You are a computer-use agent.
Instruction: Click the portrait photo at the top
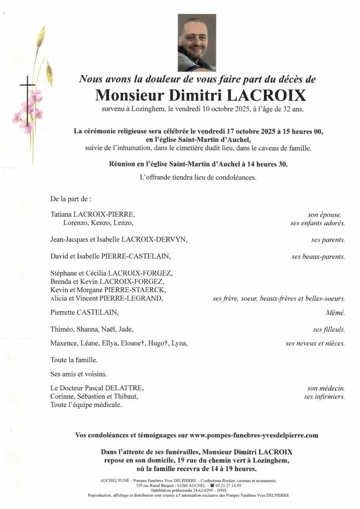pyautogui.click(x=197, y=43)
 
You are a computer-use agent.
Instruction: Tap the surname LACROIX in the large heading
pyautogui.click(x=260, y=94)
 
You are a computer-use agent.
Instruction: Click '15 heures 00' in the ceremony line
pyautogui.click(x=304, y=132)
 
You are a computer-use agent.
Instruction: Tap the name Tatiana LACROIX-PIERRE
pyautogui.click(x=92, y=215)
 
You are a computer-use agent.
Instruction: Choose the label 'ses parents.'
pyautogui.click(x=328, y=240)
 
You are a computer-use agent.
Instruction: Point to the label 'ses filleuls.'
pyautogui.click(x=329, y=329)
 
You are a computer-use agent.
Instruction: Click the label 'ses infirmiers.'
pyautogui.click(x=324, y=396)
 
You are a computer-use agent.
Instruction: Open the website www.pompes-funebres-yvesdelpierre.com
pyautogui.click(x=254, y=435)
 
